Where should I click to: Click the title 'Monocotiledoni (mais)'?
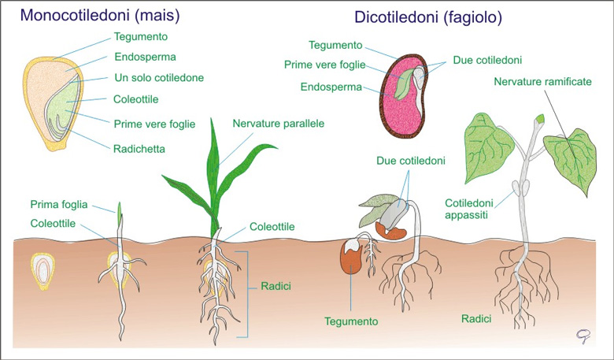[x=100, y=15]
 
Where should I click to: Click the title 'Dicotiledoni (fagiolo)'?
[x=428, y=17]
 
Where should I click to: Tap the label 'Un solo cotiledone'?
[x=159, y=77]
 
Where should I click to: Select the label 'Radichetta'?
[x=139, y=149]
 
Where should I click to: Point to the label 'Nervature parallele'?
[x=279, y=124]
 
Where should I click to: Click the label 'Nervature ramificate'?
[x=542, y=81]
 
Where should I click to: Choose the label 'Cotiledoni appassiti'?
[x=468, y=209]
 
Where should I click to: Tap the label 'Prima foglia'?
[x=59, y=205]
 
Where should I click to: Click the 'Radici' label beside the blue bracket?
[x=276, y=287]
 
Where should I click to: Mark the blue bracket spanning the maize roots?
[x=248, y=294]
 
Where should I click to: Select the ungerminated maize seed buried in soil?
[x=43, y=271]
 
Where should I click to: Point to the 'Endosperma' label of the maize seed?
[x=145, y=57]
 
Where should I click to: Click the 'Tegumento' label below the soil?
[x=351, y=321]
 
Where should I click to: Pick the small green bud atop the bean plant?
[x=540, y=118]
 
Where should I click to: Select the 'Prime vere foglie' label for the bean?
[x=324, y=65]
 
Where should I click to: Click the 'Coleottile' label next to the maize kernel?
[x=136, y=99]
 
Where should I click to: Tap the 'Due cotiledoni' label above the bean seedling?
[x=411, y=161]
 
